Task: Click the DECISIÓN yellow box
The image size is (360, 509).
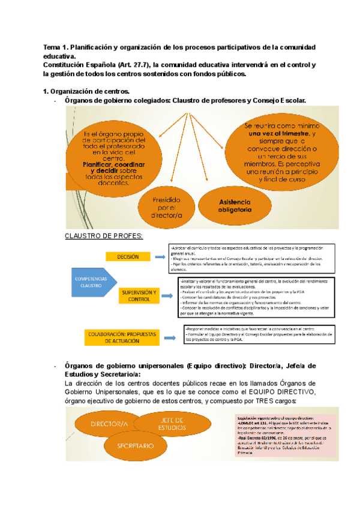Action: tap(128, 256)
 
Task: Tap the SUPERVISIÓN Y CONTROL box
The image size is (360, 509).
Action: tap(139, 295)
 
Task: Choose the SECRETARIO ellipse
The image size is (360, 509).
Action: tap(137, 446)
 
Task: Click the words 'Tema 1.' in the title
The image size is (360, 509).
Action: tap(56, 47)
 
